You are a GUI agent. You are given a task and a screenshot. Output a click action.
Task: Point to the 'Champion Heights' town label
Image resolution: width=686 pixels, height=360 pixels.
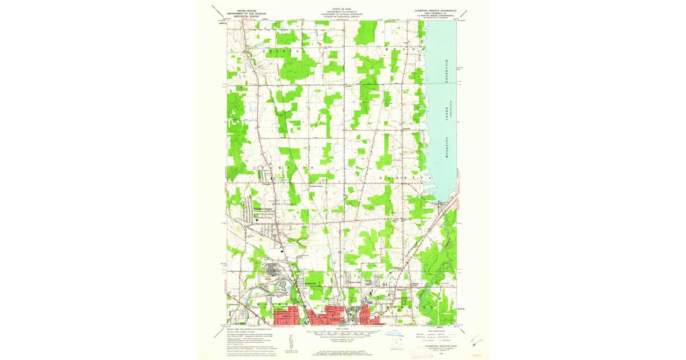click(264, 209)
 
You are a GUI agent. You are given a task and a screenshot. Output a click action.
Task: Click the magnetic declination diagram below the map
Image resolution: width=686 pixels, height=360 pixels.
click(290, 340)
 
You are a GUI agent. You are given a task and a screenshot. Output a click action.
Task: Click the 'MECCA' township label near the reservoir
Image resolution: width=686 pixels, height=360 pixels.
click(407, 51)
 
